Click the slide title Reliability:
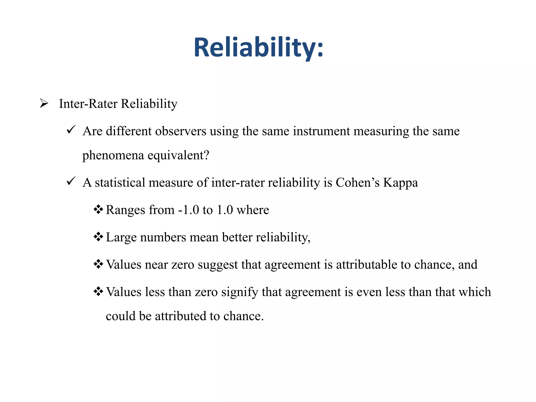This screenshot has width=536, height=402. tap(259, 48)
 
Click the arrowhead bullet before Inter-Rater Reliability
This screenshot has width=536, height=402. tap(44, 103)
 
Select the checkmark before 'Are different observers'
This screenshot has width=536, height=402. tap(71, 130)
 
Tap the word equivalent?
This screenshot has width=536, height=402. tap(178, 155)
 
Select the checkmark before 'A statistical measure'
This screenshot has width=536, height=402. tap(71, 181)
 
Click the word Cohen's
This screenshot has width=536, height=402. tap(358, 182)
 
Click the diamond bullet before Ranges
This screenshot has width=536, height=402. tap(98, 209)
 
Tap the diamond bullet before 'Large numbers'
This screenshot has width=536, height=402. tap(98, 237)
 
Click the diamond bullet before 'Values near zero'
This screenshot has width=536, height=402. tap(98, 264)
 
